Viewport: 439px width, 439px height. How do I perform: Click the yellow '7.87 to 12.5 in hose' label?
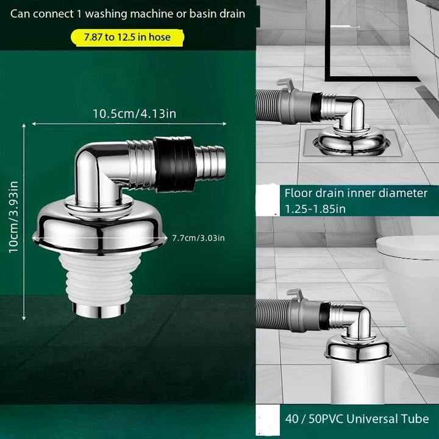click(127, 37)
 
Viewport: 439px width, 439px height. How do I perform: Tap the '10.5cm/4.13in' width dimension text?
click(134, 114)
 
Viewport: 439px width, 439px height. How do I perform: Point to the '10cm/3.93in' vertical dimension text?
click(13, 216)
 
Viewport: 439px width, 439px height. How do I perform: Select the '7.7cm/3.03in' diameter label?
click(198, 238)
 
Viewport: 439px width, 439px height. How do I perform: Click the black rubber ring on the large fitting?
click(174, 164)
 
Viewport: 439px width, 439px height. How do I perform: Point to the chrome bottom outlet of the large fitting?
click(99, 310)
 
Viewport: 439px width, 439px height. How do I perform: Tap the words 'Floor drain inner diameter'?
click(356, 193)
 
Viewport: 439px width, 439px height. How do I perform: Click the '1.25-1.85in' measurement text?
click(315, 209)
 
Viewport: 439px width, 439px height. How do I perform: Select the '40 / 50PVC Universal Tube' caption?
click(357, 419)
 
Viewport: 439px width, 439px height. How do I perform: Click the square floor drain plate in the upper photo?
click(352, 143)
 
